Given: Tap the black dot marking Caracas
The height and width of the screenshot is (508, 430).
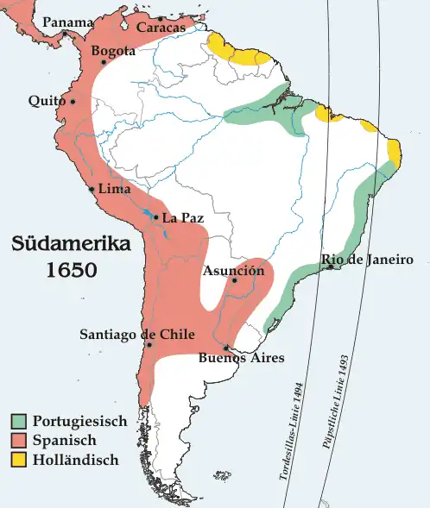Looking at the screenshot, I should [161, 18].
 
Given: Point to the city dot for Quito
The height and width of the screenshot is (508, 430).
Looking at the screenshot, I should [73, 101].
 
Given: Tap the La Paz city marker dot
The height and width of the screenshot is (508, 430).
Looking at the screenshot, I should [155, 217].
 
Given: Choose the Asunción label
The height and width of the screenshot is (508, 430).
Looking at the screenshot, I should [233, 271].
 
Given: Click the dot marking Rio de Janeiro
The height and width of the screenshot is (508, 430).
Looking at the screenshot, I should [332, 268].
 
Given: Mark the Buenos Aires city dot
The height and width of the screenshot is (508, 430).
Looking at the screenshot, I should [226, 347].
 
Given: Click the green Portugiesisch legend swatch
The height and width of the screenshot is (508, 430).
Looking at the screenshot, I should [20, 422].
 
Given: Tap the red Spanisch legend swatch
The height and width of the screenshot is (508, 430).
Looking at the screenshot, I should [20, 441].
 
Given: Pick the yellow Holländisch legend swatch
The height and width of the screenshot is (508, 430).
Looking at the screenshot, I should [20, 460].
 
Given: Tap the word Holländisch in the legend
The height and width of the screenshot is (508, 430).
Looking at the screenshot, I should [75, 460].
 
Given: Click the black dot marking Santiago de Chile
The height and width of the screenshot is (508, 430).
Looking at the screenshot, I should [150, 345].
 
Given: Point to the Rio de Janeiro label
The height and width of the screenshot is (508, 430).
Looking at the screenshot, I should [367, 260].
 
